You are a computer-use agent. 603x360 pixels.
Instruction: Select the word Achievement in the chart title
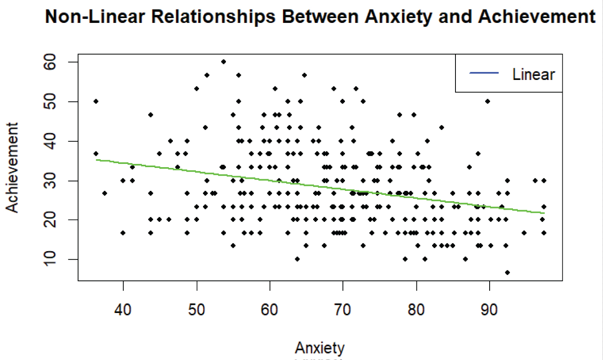[537, 17]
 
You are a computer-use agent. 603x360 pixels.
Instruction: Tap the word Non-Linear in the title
[95, 17]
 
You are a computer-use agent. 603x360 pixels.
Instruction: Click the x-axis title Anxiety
[320, 348]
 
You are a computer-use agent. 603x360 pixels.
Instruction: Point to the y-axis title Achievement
[12, 168]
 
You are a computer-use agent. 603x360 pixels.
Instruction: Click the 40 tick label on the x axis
[123, 310]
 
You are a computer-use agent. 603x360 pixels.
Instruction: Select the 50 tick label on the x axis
[197, 310]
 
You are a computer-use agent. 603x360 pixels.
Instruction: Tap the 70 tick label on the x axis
[343, 310]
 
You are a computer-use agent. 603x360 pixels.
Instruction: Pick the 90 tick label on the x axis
[489, 310]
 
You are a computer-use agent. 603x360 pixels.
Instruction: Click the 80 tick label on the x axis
[416, 310]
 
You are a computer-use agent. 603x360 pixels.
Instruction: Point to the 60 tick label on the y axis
[50, 62]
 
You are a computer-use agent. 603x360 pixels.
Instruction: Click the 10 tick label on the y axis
[50, 259]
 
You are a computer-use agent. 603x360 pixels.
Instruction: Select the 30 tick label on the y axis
[50, 181]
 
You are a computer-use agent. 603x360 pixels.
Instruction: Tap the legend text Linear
[533, 75]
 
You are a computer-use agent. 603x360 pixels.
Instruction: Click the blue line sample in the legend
[484, 73]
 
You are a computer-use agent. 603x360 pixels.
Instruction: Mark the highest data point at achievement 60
[224, 62]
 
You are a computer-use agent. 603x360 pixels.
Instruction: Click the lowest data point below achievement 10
[507, 272]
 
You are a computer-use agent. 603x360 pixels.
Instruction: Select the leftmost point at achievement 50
[96, 101]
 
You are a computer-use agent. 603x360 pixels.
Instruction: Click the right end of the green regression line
[544, 213]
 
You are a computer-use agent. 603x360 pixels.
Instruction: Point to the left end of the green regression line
[96, 160]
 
